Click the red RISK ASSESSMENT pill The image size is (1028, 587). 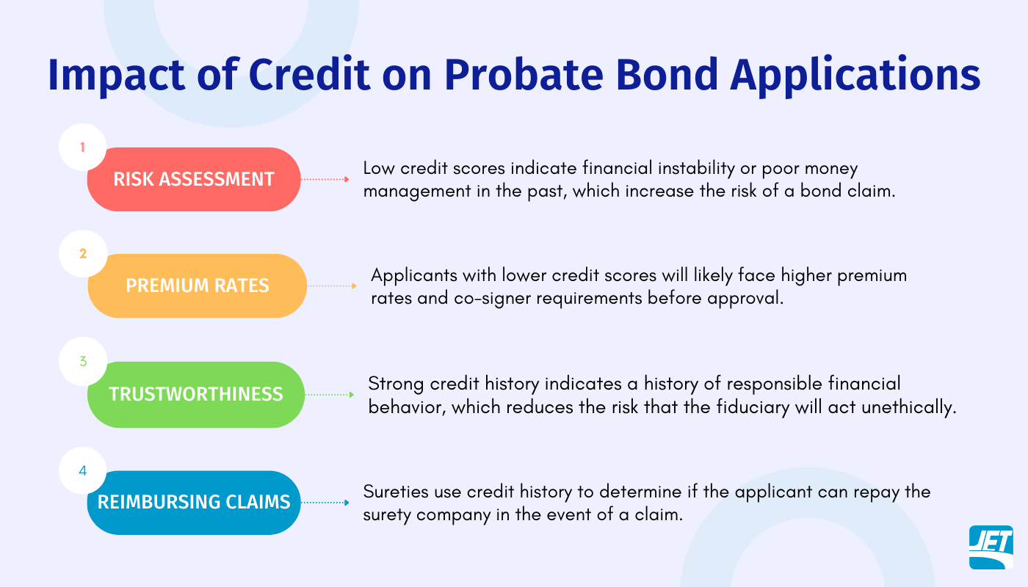point(194,179)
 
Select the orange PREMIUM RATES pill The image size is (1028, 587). point(197,285)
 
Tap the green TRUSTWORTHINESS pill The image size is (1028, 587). point(195,394)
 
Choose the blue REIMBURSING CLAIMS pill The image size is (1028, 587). point(194,503)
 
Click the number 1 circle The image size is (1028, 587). point(83,147)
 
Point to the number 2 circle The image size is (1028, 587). point(83,254)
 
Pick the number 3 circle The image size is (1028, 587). point(83,362)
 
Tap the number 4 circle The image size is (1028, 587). point(83,470)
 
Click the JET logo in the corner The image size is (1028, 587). point(991,547)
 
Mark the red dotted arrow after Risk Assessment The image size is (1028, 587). point(325,179)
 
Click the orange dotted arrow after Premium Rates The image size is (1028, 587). point(331,285)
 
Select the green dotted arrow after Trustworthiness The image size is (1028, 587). point(329,394)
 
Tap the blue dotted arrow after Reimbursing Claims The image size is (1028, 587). point(325,503)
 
